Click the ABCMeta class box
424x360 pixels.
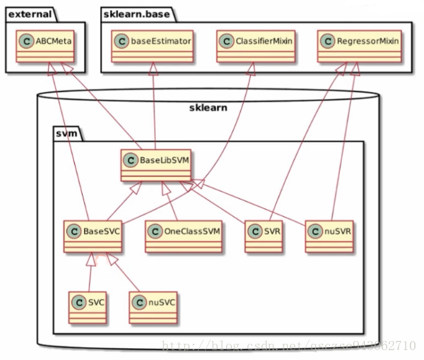point(47,42)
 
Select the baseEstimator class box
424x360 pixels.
point(153,42)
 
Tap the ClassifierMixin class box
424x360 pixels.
point(251,42)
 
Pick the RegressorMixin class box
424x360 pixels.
point(359,42)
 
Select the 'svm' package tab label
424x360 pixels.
point(67,131)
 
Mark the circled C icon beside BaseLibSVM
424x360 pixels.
point(131,160)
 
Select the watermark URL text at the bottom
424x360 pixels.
point(288,345)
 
